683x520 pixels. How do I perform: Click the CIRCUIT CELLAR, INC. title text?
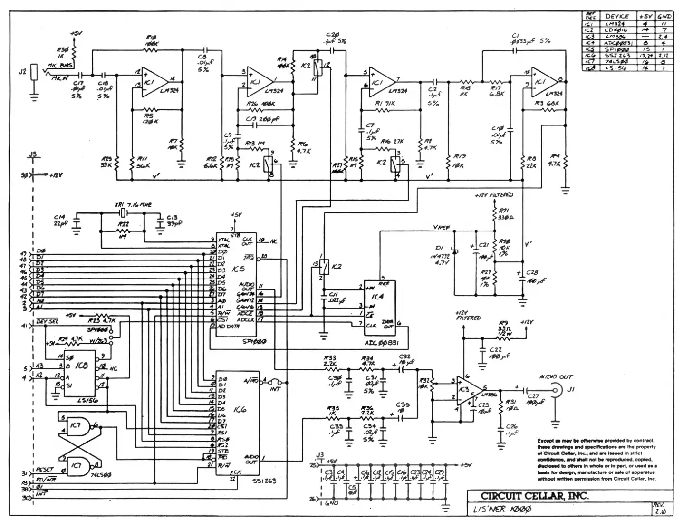click(534, 496)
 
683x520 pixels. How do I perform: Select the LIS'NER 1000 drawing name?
click(501, 510)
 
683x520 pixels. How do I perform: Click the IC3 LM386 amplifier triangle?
click(468, 390)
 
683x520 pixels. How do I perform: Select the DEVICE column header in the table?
click(617, 16)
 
